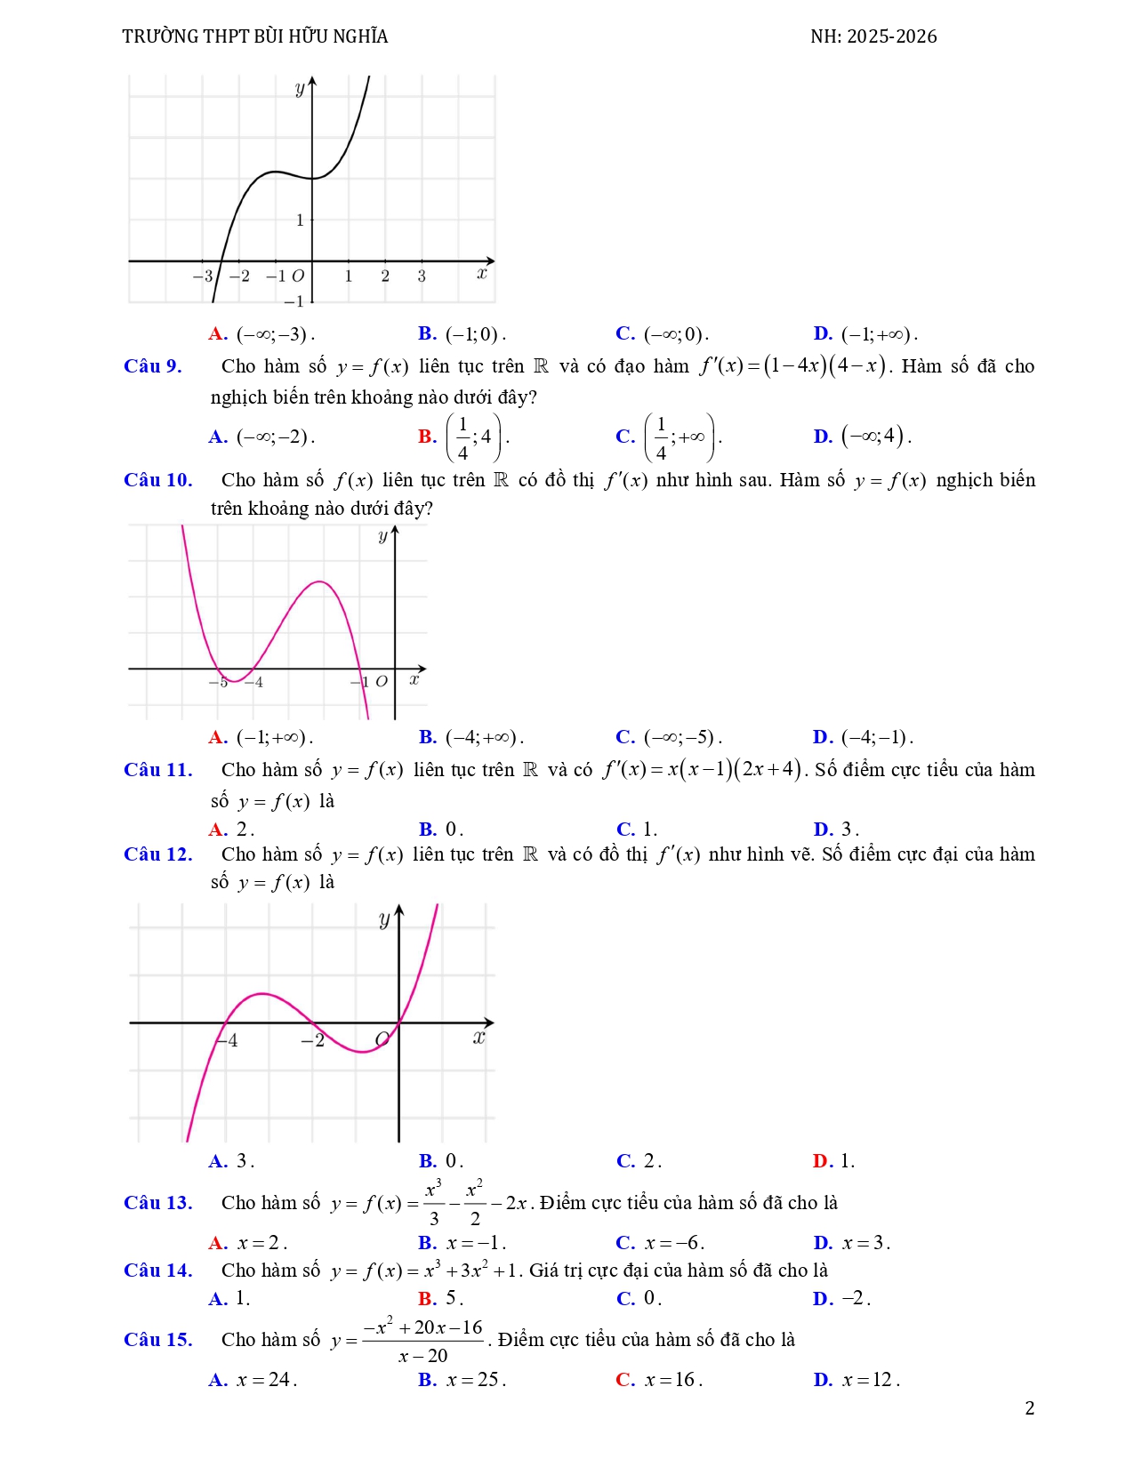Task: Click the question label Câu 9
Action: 153,366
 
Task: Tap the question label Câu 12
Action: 158,854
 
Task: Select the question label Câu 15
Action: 158,1340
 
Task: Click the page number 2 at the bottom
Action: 1030,1408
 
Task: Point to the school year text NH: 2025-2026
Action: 873,36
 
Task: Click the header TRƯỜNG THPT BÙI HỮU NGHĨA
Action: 255,36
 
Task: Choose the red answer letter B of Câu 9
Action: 427,437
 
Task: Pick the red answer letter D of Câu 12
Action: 821,1161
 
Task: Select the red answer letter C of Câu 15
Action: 624,1380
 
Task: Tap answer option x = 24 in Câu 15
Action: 265,1380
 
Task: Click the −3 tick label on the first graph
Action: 203,276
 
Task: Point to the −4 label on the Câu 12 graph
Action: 229,1040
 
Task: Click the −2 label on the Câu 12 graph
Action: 312,1040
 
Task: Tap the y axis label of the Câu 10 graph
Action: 382,536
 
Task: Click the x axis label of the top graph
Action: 481,273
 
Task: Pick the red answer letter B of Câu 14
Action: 427,1299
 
